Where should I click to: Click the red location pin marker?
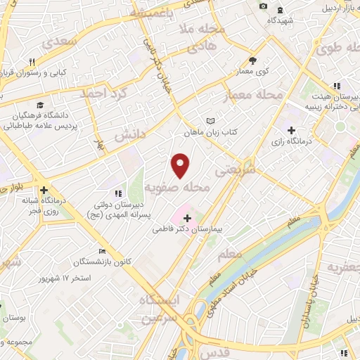coord(181,165)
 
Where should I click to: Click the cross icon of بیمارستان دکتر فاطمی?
coord(186,219)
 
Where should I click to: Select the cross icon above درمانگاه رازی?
coord(292,130)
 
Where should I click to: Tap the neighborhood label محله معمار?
coord(254,95)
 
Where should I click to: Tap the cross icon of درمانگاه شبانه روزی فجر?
coord(44,190)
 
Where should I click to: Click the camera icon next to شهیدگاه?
coord(264,6)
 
